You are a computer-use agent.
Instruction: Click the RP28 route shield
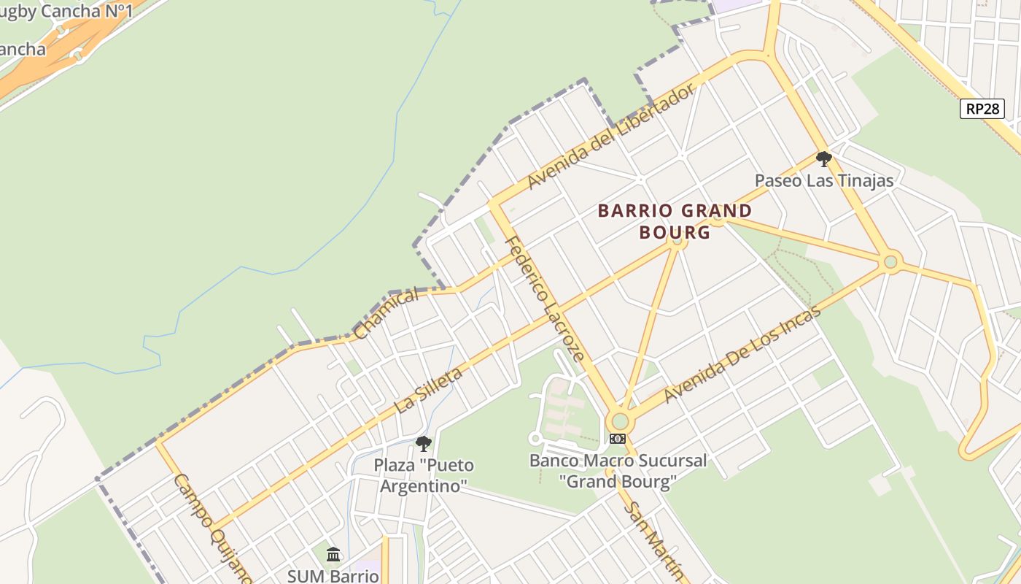(982, 109)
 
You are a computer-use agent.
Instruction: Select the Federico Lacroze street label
(545, 299)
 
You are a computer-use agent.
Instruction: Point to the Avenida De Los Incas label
(742, 353)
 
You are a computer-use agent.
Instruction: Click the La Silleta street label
(429, 391)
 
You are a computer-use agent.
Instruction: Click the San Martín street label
(656, 540)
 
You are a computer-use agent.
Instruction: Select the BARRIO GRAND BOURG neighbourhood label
(675, 221)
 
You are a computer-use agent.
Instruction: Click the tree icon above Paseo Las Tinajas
(824, 158)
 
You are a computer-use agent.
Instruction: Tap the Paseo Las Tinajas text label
(824, 180)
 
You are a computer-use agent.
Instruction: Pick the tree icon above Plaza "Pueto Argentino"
(424, 443)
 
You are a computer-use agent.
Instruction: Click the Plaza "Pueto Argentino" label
(424, 474)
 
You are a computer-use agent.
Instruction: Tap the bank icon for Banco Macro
(618, 439)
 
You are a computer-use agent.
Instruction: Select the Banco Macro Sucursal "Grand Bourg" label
(618, 471)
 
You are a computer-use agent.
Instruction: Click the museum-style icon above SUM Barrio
(333, 555)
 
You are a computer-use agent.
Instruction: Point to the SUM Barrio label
(333, 575)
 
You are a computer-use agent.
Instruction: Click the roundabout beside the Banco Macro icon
(620, 421)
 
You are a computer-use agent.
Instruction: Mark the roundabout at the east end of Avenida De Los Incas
(890, 261)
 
